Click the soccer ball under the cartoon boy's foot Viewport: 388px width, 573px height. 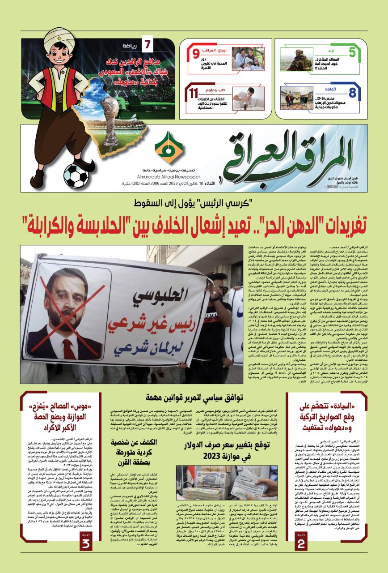click(76, 176)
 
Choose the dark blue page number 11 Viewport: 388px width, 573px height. click(194, 94)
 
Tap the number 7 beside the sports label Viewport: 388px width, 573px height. click(147, 46)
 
